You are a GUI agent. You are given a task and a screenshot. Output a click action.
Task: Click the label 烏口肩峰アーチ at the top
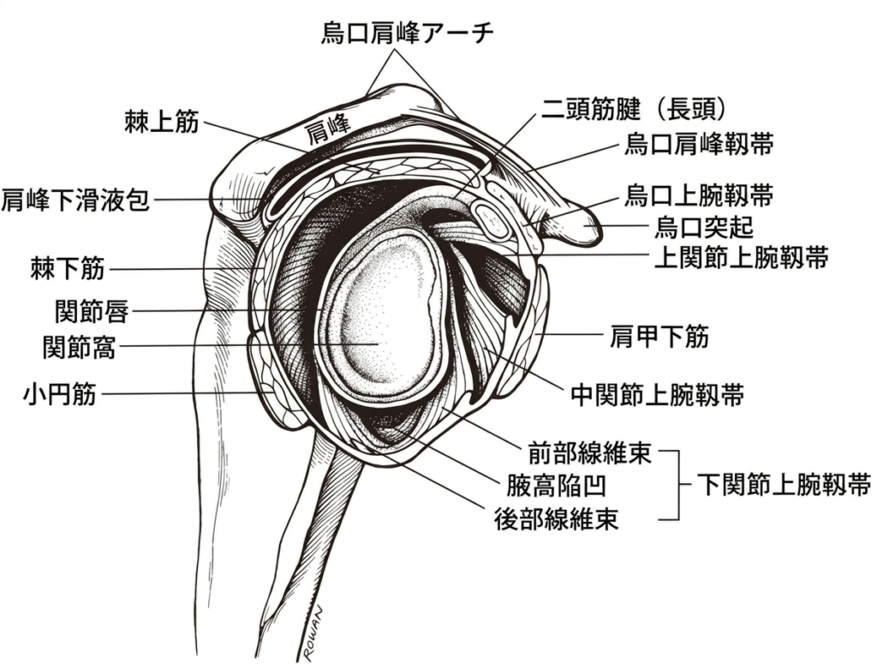pos(408,33)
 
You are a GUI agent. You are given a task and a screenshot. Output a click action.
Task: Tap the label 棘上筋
pos(162,122)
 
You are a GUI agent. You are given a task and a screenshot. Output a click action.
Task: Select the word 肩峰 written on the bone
pos(327,129)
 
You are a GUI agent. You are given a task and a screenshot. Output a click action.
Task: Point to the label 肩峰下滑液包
pos(75,200)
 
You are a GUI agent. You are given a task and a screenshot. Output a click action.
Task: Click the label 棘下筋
pos(68,268)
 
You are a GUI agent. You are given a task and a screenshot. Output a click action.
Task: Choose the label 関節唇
pos(92,311)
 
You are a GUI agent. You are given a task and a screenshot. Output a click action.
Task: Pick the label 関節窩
pos(80,347)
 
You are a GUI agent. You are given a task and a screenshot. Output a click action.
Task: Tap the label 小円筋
pos(60,394)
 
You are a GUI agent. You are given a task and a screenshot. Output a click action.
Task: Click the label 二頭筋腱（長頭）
pos(633,109)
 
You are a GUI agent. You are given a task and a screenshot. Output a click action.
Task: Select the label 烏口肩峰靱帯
pos(699,144)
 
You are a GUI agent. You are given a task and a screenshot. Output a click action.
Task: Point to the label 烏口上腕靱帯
pos(699,196)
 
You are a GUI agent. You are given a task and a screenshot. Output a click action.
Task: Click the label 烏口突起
pos(704,227)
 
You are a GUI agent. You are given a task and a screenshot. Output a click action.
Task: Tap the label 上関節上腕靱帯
pos(741,258)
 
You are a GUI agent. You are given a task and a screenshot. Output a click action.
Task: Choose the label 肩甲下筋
pos(659,337)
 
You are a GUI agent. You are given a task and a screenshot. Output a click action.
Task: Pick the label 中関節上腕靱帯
pos(658,395)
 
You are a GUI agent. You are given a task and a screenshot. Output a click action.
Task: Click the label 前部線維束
pos(590,452)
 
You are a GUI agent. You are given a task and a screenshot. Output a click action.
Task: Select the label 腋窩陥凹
pos(556,485)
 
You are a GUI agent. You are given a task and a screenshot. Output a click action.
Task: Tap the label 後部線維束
pos(557,519)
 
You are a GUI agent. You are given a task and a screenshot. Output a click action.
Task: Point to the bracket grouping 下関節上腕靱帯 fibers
pos(679,484)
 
